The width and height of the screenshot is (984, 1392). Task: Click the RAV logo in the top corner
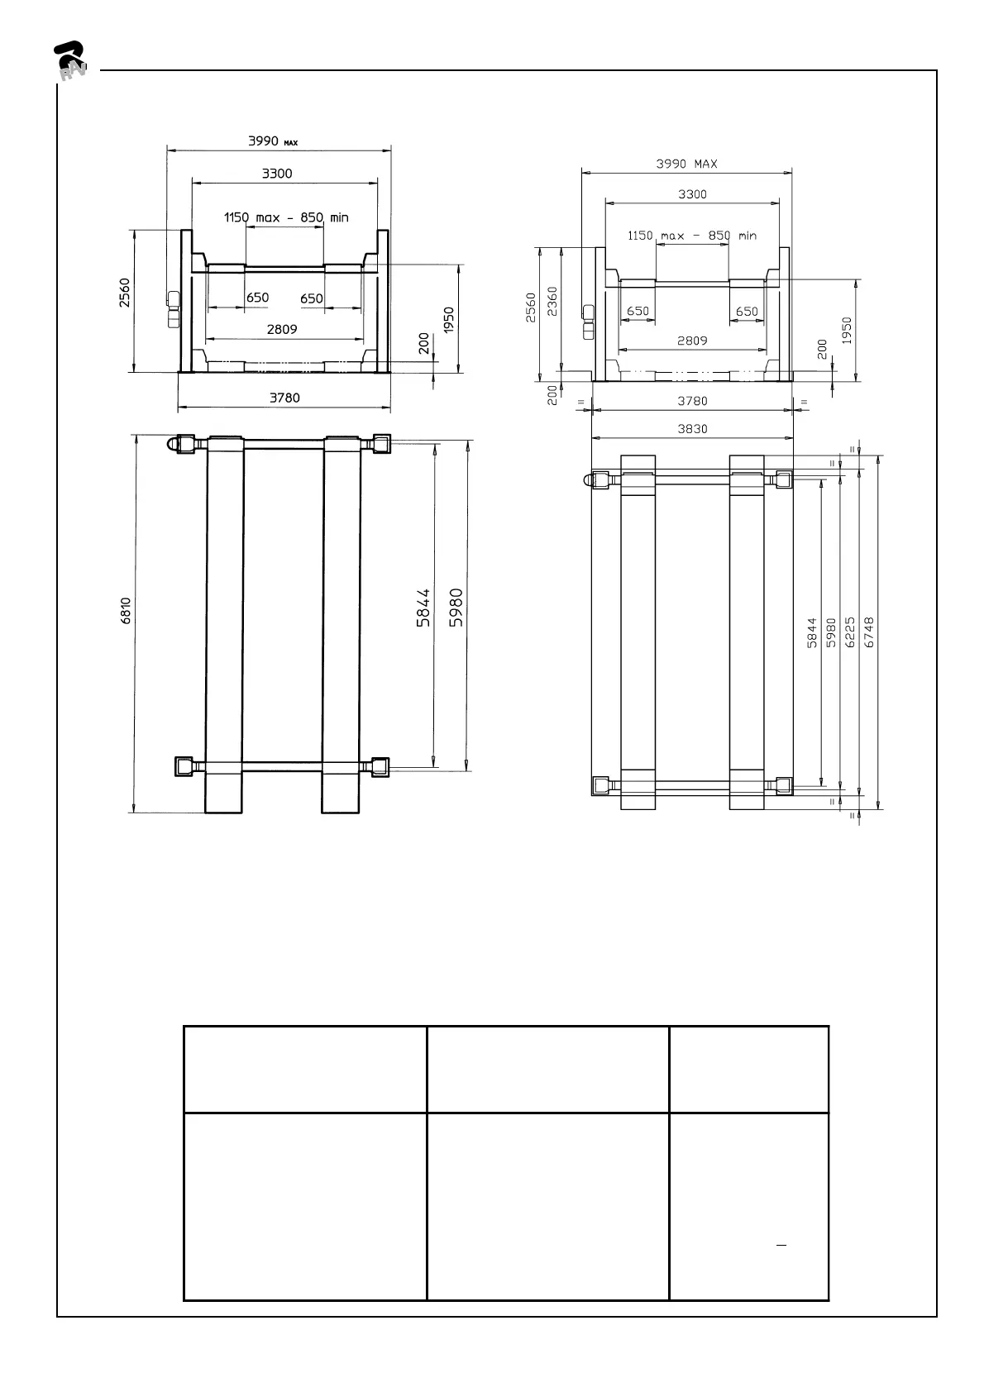(x=69, y=61)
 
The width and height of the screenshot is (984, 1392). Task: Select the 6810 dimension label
(x=127, y=610)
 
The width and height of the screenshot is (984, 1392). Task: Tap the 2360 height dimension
(x=552, y=302)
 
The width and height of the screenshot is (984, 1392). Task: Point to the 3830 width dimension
(x=692, y=429)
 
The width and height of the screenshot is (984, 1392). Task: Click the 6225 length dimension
(x=850, y=632)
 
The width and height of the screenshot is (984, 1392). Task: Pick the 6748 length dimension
(x=869, y=632)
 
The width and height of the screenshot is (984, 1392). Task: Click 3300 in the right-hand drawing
(x=692, y=194)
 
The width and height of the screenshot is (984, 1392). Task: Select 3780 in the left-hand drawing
(x=284, y=398)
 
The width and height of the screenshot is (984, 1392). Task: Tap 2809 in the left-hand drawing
(x=282, y=329)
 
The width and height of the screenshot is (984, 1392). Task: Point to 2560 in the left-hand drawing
(x=125, y=293)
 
